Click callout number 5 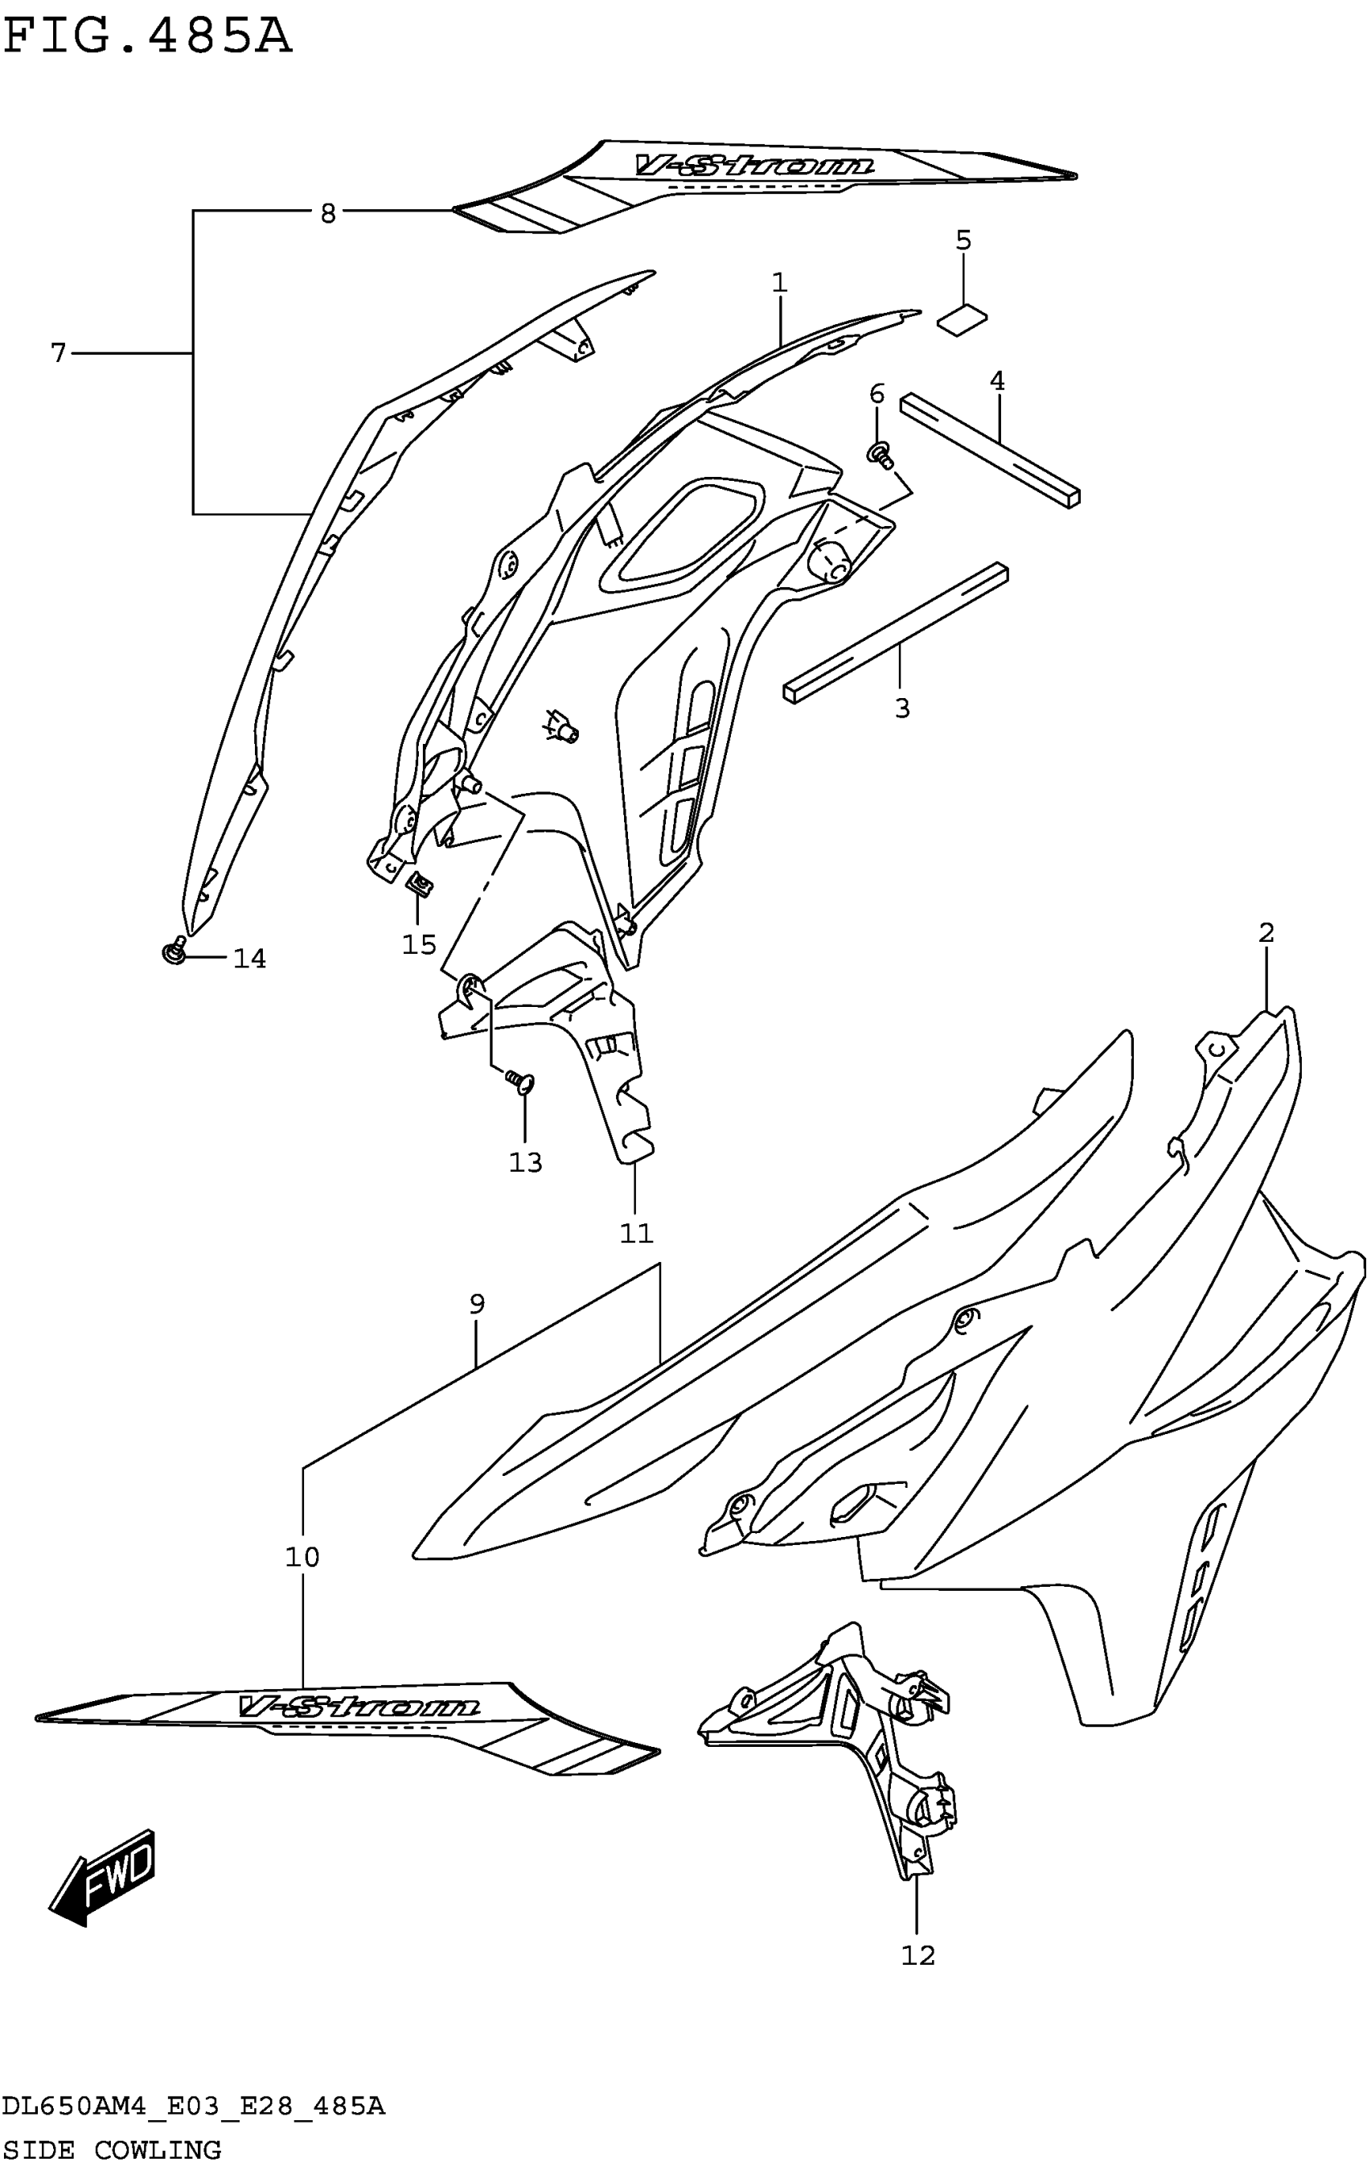(963, 241)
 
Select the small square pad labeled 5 (963, 318)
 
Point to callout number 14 (250, 959)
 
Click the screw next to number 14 (174, 951)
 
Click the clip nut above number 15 (421, 883)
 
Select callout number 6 (876, 393)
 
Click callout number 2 (1266, 933)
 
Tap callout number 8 (328, 213)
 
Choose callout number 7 (59, 353)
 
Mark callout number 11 (635, 1233)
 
